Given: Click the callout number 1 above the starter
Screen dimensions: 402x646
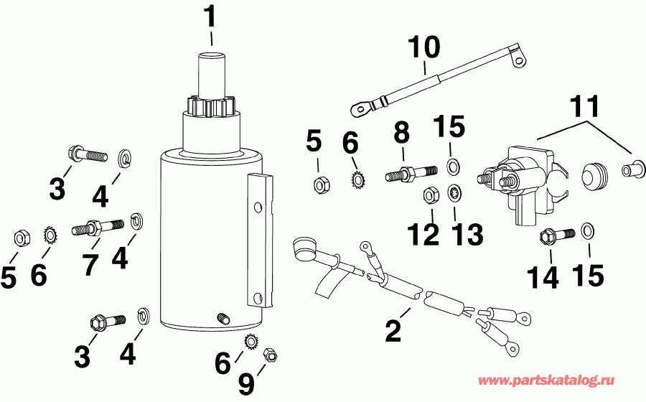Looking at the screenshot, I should [210, 17].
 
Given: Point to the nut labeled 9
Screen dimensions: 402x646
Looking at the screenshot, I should [271, 354].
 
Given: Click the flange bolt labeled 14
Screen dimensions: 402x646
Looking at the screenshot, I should [554, 234].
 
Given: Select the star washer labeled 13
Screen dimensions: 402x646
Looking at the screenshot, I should [454, 194].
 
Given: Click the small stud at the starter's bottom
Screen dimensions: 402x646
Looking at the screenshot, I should [223, 319].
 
